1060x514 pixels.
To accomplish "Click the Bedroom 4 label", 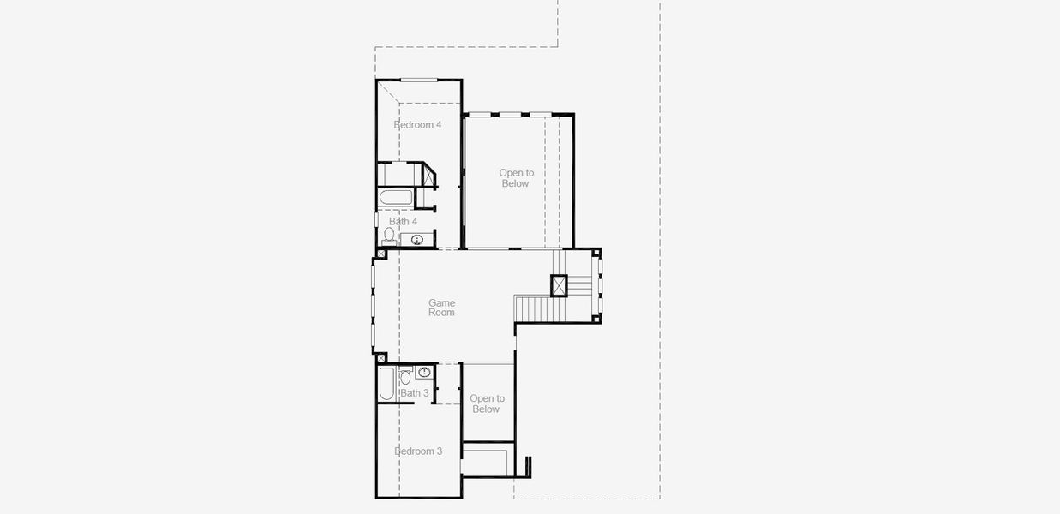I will click(417, 125).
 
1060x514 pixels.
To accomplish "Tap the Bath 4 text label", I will click(403, 222).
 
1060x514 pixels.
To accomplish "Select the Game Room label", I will click(442, 308).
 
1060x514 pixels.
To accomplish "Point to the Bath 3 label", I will click(415, 393).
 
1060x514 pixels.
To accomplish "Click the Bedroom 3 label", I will click(418, 451).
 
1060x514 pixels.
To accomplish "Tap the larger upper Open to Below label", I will click(516, 178).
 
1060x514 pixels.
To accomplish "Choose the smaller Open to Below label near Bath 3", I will click(487, 403).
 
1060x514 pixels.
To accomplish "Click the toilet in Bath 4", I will click(389, 234).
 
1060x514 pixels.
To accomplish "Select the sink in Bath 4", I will click(418, 240).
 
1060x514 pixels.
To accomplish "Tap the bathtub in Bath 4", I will click(396, 200).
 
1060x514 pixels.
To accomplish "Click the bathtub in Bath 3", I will click(386, 384).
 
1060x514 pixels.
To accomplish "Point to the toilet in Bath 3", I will click(405, 376).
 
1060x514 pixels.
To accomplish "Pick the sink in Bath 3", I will click(424, 372).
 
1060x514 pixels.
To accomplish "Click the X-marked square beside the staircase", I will click(559, 284).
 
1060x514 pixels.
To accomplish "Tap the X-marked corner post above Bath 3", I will click(381, 357).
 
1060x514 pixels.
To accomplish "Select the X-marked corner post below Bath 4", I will click(381, 254).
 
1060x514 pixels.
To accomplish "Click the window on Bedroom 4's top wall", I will click(419, 80).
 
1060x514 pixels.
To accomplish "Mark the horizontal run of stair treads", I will click(531, 307).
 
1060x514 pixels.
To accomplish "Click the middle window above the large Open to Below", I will click(510, 114).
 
